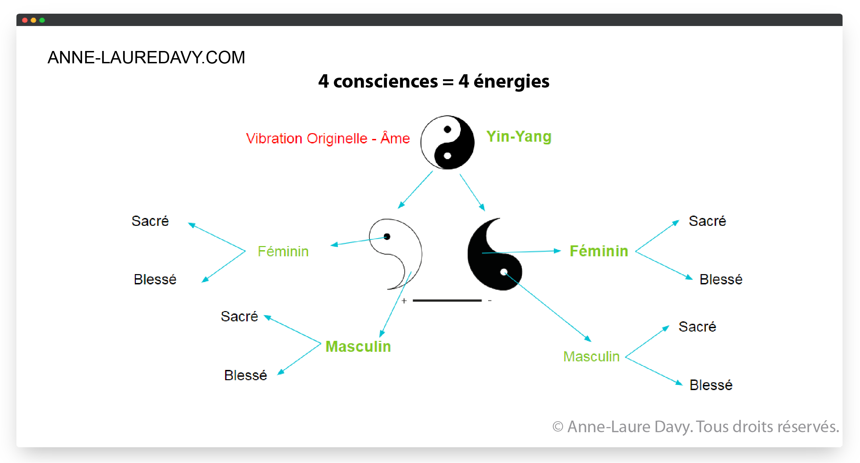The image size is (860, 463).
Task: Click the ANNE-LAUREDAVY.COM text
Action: [146, 57]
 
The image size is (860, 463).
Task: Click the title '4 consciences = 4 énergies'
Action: [433, 81]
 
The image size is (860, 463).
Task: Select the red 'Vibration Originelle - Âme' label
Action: [328, 139]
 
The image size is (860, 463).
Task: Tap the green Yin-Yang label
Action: [519, 137]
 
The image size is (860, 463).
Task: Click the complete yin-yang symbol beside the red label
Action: [447, 142]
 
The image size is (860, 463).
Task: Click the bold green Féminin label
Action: [599, 251]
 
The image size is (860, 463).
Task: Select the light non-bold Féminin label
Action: [283, 252]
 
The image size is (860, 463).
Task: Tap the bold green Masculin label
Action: [358, 347]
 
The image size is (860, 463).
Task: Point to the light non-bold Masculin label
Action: [591, 357]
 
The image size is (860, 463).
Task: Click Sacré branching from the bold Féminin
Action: [707, 221]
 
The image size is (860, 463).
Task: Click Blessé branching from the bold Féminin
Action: [721, 280]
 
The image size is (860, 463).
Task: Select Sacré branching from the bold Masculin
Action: [239, 317]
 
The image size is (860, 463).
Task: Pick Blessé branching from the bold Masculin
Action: [245, 375]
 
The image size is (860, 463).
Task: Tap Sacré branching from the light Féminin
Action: [150, 221]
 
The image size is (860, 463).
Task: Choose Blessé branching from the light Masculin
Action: [711, 385]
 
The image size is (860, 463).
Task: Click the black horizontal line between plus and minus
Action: [447, 300]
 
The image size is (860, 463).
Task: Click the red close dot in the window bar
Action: [25, 20]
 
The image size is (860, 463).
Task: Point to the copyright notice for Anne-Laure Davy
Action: [695, 427]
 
